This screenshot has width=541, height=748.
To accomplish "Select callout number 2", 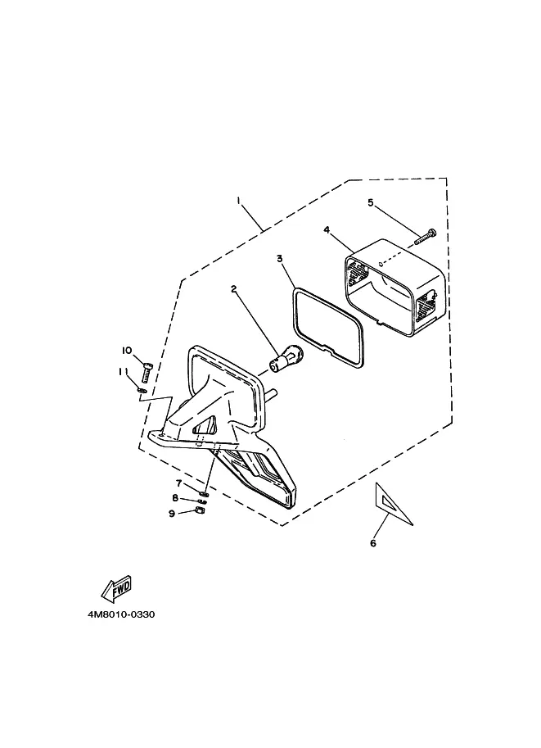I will click(x=234, y=289).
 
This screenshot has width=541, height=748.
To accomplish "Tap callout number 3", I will click(x=279, y=258).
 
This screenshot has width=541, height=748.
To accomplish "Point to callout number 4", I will click(x=327, y=230).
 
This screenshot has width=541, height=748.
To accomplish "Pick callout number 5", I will click(x=370, y=202).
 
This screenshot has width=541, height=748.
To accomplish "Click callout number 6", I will click(x=373, y=542).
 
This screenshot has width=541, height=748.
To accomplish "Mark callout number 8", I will click(x=174, y=497).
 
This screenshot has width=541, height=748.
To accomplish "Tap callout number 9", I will click(x=173, y=513).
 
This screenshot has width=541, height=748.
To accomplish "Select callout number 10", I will click(x=127, y=351).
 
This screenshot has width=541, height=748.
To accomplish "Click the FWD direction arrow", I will click(x=115, y=587).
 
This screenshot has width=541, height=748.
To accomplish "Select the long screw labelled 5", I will click(x=425, y=237).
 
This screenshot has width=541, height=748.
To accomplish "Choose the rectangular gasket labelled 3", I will click(x=323, y=320).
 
